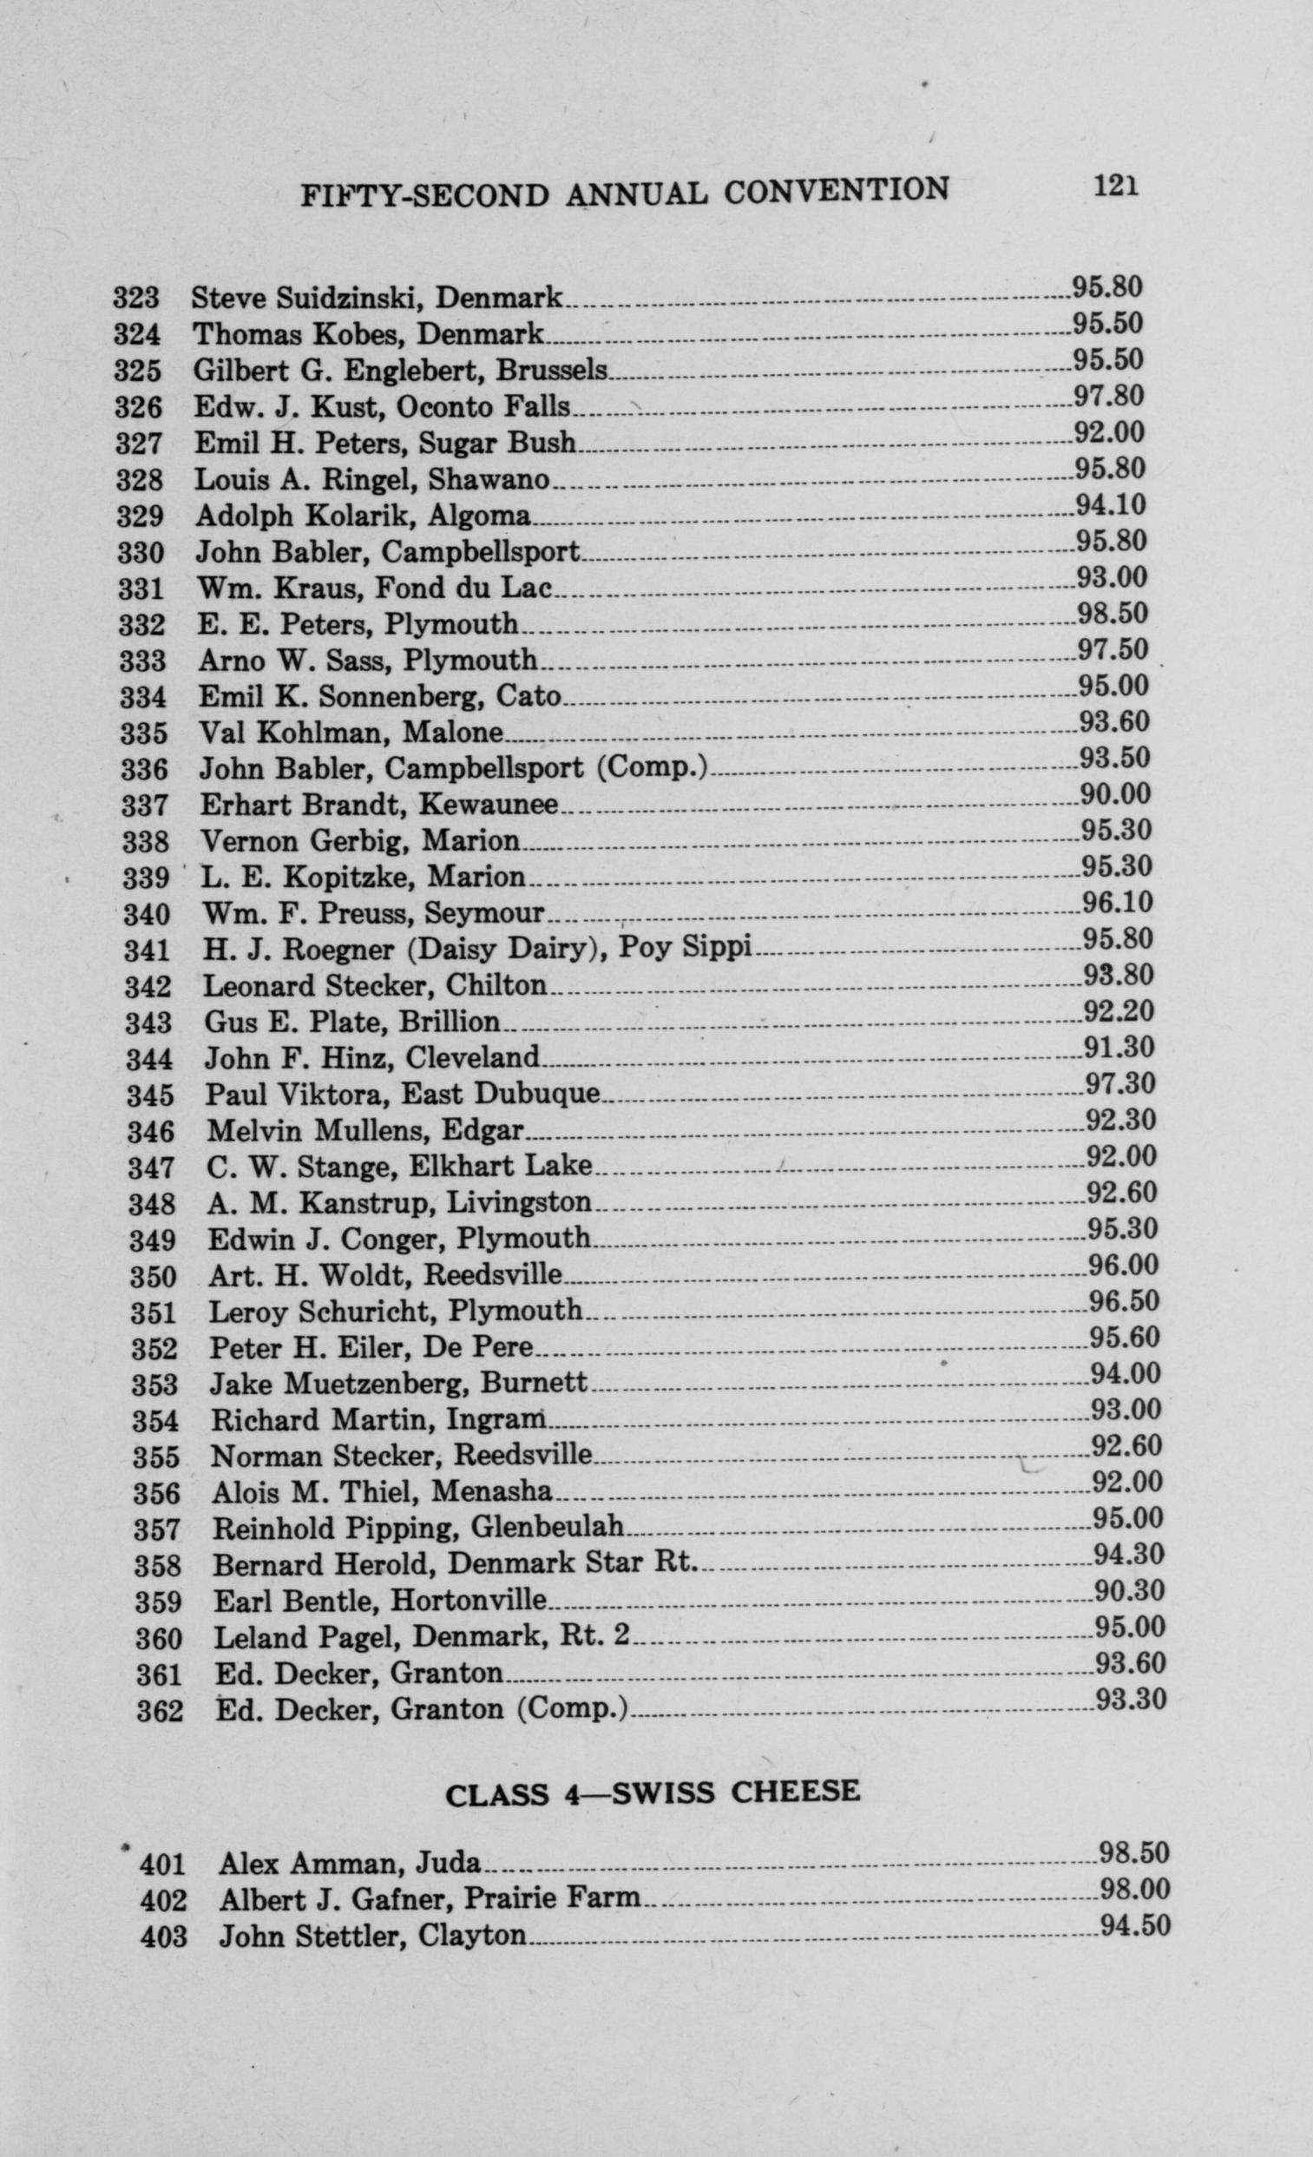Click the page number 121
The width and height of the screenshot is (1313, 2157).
[1115, 187]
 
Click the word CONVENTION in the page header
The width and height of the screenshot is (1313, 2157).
[836, 191]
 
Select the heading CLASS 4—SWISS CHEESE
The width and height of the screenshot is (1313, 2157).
[652, 1793]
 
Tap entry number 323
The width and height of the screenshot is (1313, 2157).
[136, 299]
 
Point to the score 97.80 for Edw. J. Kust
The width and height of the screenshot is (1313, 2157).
[1109, 397]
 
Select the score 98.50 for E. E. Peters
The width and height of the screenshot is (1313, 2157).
[1113, 614]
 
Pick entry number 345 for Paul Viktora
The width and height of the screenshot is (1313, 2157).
[150, 1096]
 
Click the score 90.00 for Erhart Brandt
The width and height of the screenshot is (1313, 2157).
[1115, 795]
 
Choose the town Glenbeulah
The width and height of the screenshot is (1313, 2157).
[547, 1528]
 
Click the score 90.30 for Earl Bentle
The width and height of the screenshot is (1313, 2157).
[1129, 1590]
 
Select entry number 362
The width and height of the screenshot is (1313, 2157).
[160, 1711]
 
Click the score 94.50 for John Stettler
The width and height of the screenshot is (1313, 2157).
[1135, 1927]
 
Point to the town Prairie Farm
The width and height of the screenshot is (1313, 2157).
[551, 1898]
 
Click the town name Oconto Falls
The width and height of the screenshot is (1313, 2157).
[483, 407]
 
